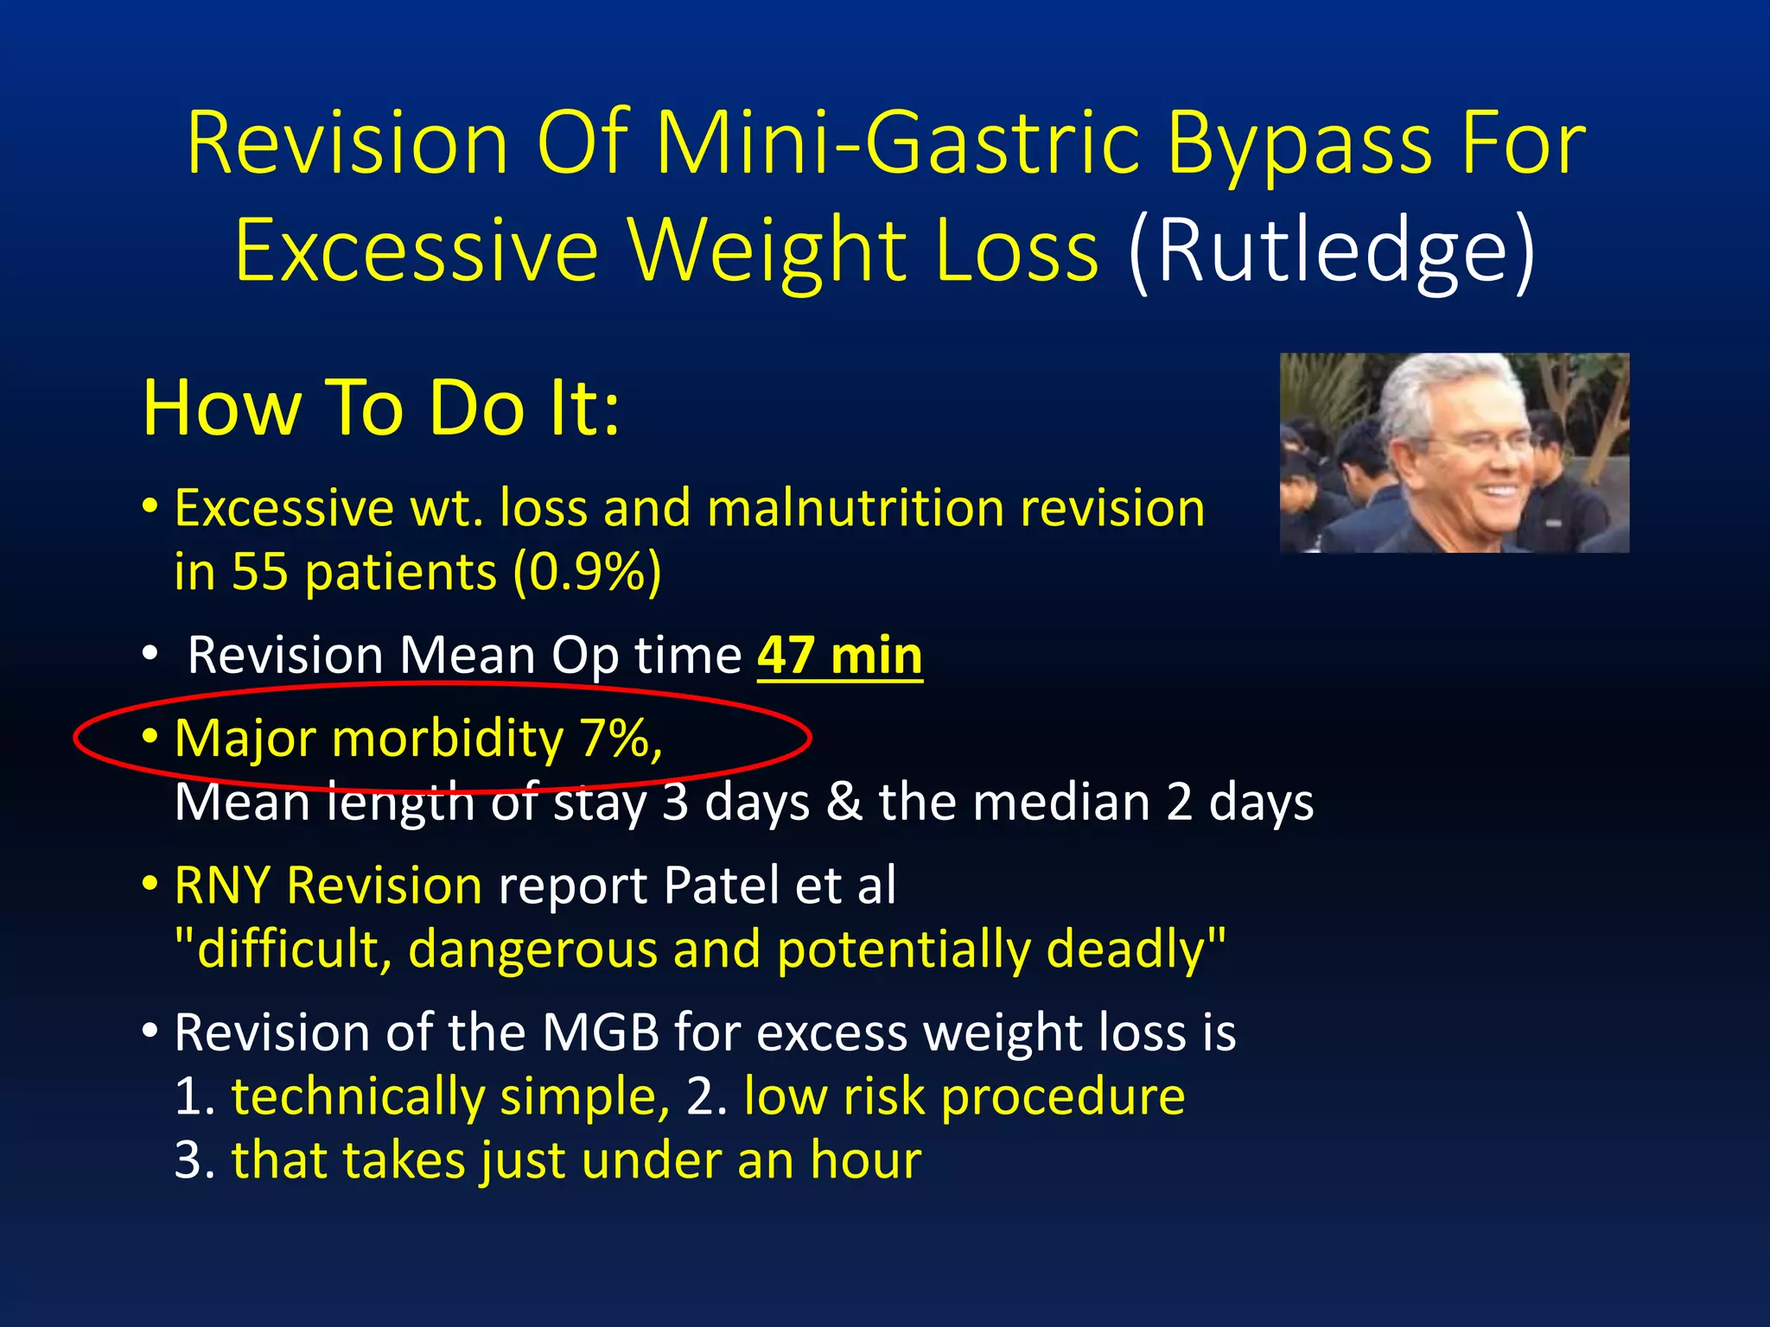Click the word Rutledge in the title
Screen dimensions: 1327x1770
(1331, 251)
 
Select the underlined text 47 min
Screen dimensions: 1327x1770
(840, 656)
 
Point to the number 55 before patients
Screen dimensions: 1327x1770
(259, 572)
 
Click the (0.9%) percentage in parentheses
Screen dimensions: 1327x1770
(587, 572)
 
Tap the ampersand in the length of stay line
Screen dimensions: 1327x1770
(844, 803)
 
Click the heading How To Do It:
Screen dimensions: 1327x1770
(381, 408)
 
